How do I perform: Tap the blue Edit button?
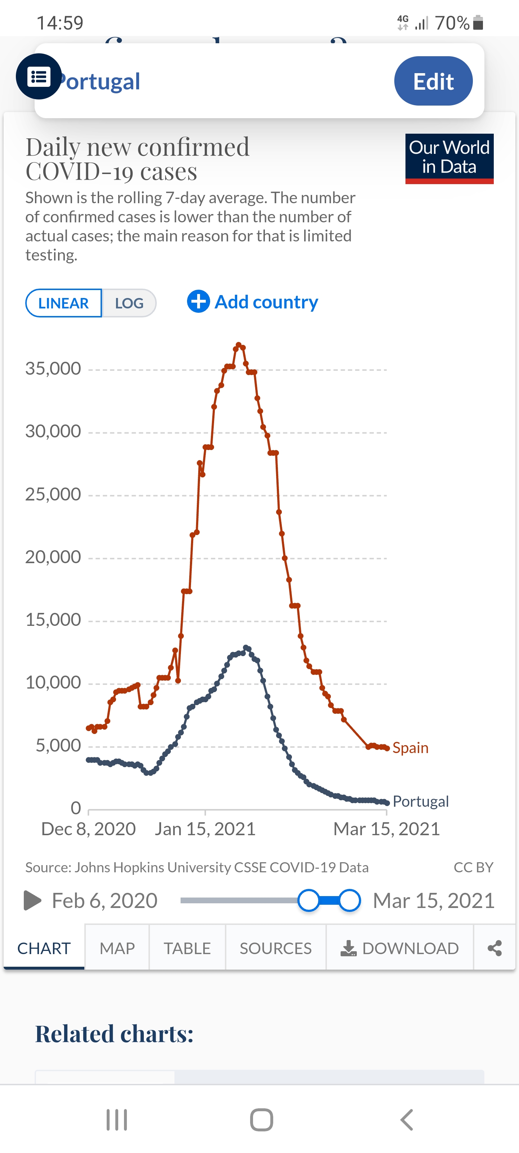pos(433,81)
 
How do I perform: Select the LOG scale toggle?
pos(129,303)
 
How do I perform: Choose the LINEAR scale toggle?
pos(63,303)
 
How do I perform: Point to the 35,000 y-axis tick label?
pos(53,368)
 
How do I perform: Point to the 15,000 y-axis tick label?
pos(53,619)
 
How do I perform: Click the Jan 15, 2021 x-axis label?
pos(205,829)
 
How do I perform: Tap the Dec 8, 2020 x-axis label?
pos(89,829)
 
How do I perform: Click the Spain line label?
pos(410,748)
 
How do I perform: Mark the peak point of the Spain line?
pos(239,345)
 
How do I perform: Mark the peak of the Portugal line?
pos(246,647)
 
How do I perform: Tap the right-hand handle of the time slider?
pos(350,900)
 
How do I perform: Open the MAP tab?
pos(117,948)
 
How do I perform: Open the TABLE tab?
pos(187,948)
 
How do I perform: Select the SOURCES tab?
pos(275,948)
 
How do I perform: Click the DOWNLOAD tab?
pos(400,948)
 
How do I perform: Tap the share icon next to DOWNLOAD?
pos(494,948)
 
